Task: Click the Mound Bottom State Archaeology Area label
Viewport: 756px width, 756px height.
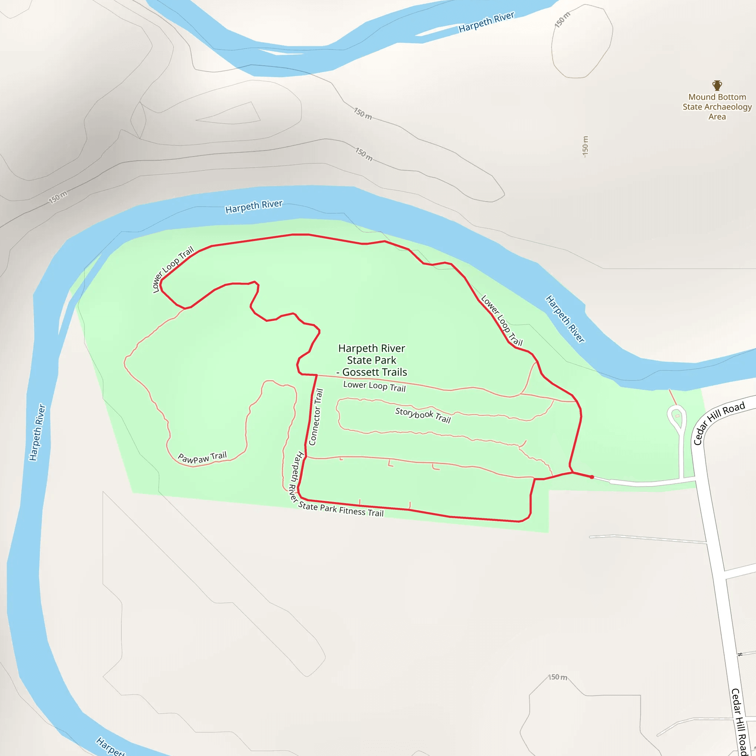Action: click(717, 106)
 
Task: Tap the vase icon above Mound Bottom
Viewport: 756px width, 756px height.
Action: click(717, 85)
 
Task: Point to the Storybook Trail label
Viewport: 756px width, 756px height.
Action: click(423, 415)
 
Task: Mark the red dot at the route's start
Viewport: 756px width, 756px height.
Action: click(592, 477)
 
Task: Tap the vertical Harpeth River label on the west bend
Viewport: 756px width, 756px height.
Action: click(38, 432)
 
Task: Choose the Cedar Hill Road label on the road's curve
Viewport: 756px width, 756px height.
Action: click(719, 423)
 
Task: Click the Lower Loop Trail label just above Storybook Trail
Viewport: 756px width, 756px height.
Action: click(374, 386)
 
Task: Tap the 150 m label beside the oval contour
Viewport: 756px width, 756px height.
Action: click(562, 20)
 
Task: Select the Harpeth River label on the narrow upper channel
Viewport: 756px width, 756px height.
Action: click(487, 22)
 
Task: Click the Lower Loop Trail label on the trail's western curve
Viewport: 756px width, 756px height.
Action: click(173, 269)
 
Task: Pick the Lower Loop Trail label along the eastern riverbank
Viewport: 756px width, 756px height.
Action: click(502, 320)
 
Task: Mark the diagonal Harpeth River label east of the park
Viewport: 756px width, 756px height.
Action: click(565, 319)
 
